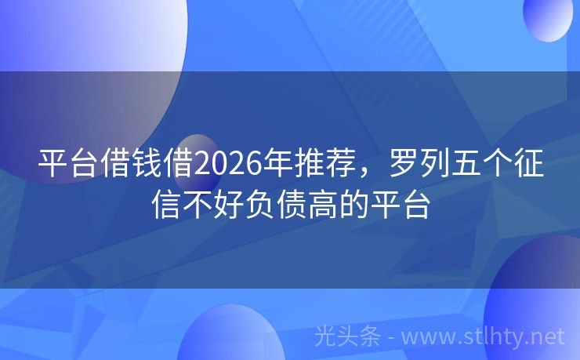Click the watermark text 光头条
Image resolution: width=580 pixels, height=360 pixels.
(346, 337)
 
